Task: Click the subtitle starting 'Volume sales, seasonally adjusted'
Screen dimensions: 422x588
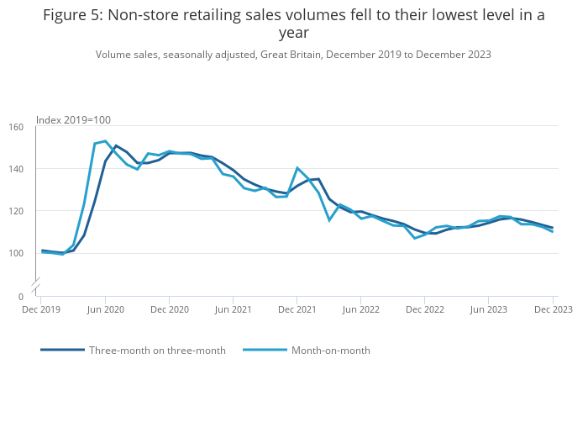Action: click(x=293, y=55)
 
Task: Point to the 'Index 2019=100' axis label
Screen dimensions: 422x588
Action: click(x=73, y=120)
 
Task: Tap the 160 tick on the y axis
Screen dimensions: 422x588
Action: click(x=16, y=128)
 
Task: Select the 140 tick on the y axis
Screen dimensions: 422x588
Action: click(x=16, y=169)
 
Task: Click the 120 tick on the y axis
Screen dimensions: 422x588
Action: click(x=16, y=211)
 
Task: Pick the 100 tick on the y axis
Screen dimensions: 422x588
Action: click(x=16, y=253)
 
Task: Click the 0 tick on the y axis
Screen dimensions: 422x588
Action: click(x=21, y=297)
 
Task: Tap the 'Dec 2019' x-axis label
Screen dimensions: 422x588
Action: click(x=41, y=309)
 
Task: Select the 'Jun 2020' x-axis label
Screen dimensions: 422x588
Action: click(x=105, y=309)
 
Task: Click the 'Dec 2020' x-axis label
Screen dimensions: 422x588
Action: click(x=170, y=309)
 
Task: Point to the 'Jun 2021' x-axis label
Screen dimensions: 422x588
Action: click(x=234, y=309)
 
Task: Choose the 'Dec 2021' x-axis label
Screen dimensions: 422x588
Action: click(x=297, y=309)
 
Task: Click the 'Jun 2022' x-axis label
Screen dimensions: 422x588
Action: click(x=361, y=309)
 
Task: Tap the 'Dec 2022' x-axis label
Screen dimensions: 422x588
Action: click(x=426, y=309)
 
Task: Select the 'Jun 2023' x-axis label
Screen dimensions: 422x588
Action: click(x=490, y=309)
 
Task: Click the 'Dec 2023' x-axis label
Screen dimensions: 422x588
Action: click(x=554, y=309)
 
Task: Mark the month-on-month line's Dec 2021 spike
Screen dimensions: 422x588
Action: click(x=297, y=168)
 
